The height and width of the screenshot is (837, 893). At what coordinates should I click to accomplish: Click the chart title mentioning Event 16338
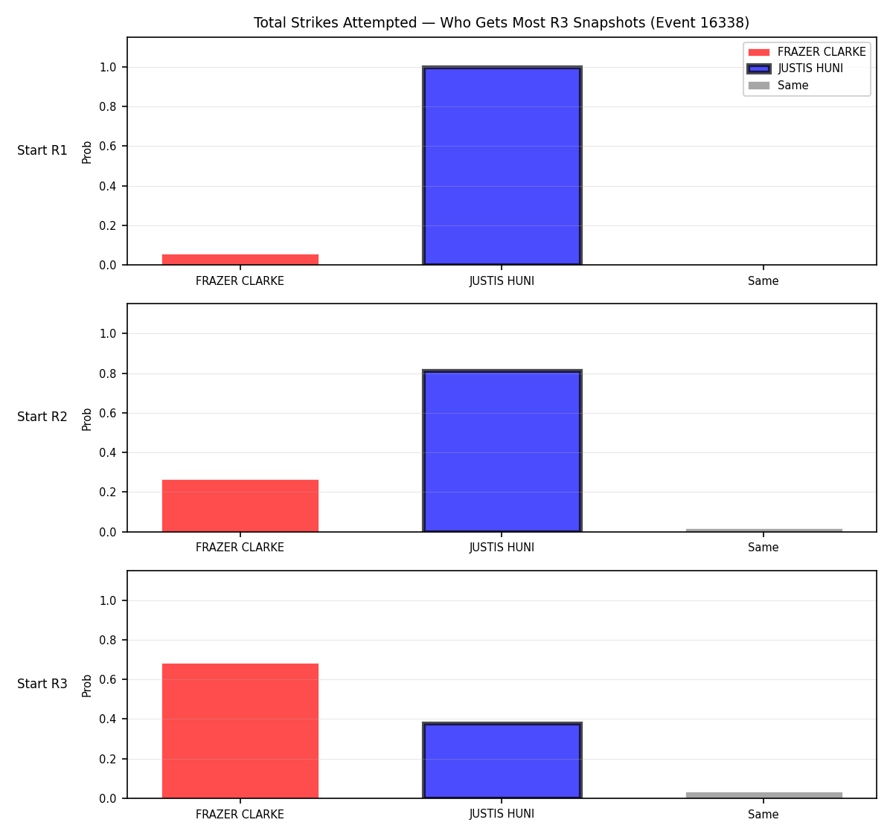point(501,22)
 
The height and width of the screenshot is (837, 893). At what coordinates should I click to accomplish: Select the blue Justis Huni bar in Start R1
point(502,165)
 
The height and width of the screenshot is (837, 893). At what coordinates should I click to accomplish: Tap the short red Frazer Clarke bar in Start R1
point(240,260)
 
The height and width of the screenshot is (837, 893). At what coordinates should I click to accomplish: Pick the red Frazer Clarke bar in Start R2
point(240,505)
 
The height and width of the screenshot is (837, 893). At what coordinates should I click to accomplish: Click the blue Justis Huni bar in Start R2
point(502,451)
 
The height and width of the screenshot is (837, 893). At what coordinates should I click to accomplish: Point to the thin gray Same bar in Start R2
point(764,530)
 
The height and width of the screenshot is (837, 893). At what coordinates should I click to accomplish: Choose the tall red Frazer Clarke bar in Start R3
point(240,731)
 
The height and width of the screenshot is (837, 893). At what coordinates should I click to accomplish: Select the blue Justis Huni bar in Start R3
point(502,760)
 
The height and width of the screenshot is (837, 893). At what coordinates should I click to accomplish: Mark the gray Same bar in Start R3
point(764,795)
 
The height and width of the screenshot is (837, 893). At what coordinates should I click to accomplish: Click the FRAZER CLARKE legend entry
point(807,52)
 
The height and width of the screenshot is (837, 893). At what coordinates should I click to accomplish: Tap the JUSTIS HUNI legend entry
point(795,68)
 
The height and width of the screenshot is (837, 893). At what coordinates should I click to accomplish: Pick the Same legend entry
point(778,85)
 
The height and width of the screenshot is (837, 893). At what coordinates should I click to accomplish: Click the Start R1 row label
point(42,150)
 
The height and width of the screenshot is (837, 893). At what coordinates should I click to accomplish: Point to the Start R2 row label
point(42,417)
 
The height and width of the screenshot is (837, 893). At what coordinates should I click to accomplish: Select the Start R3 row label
point(42,684)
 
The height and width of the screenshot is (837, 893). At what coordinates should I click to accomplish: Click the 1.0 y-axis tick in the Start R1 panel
point(107,68)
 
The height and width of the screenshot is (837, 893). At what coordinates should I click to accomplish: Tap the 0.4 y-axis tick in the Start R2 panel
point(107,452)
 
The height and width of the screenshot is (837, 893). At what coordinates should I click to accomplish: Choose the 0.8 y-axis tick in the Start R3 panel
point(107,640)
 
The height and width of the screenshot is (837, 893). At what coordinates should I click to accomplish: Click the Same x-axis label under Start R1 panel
point(763,281)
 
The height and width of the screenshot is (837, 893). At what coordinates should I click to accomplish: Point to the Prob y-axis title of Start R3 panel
point(87,686)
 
